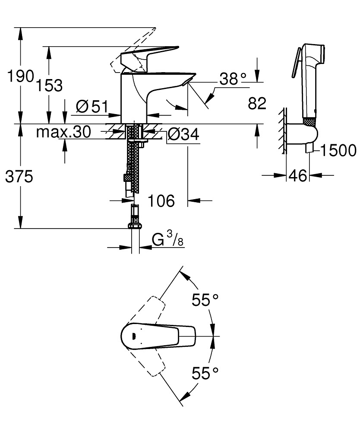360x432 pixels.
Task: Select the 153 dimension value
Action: click(48, 85)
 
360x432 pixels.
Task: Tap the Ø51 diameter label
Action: click(91, 106)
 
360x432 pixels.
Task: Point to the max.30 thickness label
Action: click(63, 132)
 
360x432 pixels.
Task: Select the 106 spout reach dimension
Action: click(161, 200)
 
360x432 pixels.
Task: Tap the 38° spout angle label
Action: click(233, 79)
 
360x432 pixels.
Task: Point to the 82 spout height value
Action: click(257, 103)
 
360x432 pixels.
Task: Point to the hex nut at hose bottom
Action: click(135, 225)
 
